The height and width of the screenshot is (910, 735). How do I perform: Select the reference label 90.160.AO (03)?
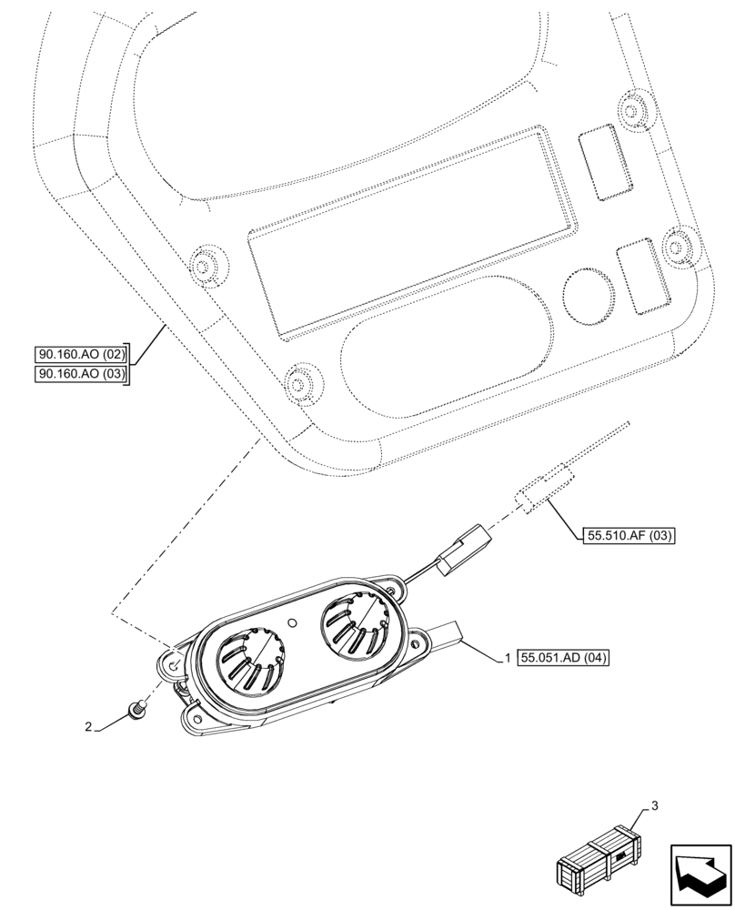click(x=82, y=374)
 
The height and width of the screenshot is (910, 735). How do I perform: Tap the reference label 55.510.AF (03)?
click(x=625, y=536)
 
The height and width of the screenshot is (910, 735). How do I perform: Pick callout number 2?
click(x=88, y=726)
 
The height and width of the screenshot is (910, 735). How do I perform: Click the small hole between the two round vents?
click(x=293, y=623)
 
